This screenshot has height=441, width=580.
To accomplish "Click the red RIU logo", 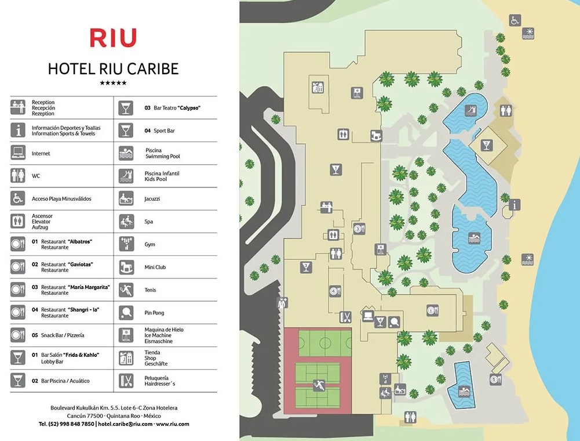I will (x=113, y=38).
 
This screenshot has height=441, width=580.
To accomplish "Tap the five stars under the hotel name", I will (x=113, y=83).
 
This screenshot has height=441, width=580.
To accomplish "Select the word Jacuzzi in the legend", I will (x=152, y=198).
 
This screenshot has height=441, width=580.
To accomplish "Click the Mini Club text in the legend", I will (x=155, y=268).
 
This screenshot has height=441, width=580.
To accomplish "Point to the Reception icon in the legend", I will (x=18, y=107).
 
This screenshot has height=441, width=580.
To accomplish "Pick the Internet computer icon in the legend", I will (x=18, y=153).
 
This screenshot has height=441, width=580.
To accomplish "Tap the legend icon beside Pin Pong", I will (x=126, y=313).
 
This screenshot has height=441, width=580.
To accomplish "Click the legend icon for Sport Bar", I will (x=126, y=131).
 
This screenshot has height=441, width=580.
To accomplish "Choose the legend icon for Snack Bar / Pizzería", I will (x=18, y=335).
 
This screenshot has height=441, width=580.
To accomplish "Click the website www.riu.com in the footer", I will (x=173, y=424).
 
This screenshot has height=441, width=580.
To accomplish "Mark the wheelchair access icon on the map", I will (x=515, y=20).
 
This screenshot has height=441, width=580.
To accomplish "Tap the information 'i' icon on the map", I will (x=515, y=204).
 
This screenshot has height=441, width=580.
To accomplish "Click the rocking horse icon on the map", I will (x=377, y=135).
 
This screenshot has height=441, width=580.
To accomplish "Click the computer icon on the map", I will (x=367, y=316).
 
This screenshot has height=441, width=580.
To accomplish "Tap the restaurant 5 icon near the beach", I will (x=495, y=381).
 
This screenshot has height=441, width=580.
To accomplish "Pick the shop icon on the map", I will (x=317, y=88).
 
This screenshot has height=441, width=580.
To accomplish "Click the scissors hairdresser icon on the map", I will (x=345, y=316).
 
